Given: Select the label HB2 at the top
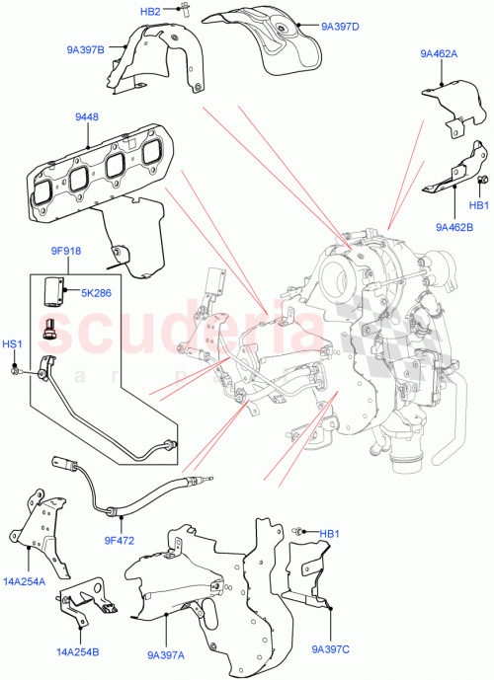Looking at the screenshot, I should coord(150,11).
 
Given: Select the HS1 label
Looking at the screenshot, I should coord(14,342).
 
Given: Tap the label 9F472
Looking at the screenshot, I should coord(119,541).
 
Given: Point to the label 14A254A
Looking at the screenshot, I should coord(24,581).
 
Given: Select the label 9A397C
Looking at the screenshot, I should coord(330,648).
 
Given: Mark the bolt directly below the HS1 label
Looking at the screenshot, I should coord(17,370).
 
